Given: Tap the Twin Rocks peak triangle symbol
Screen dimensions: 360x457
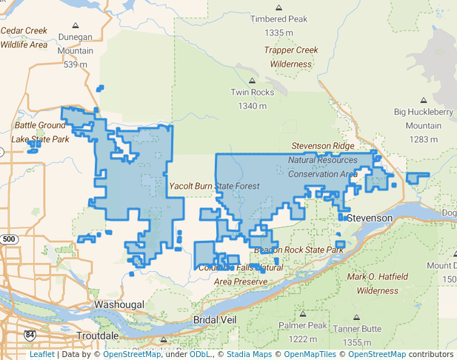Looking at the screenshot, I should [252, 81].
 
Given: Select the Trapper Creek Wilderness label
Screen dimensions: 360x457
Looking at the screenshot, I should [291, 57].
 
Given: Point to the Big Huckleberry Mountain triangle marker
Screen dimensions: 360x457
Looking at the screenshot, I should [424, 100].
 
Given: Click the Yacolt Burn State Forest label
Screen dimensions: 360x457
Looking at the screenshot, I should [215, 186].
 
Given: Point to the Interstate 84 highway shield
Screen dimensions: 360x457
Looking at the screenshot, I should [30, 336].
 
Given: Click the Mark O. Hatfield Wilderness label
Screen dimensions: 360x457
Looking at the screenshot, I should [378, 284].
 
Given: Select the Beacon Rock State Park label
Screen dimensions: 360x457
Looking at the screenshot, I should [296, 250].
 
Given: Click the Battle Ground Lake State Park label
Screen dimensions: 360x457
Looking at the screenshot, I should [41, 132].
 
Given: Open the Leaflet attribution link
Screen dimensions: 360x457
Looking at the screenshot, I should [41, 354].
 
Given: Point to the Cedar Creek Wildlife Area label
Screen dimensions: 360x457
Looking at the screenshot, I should [24, 38].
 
